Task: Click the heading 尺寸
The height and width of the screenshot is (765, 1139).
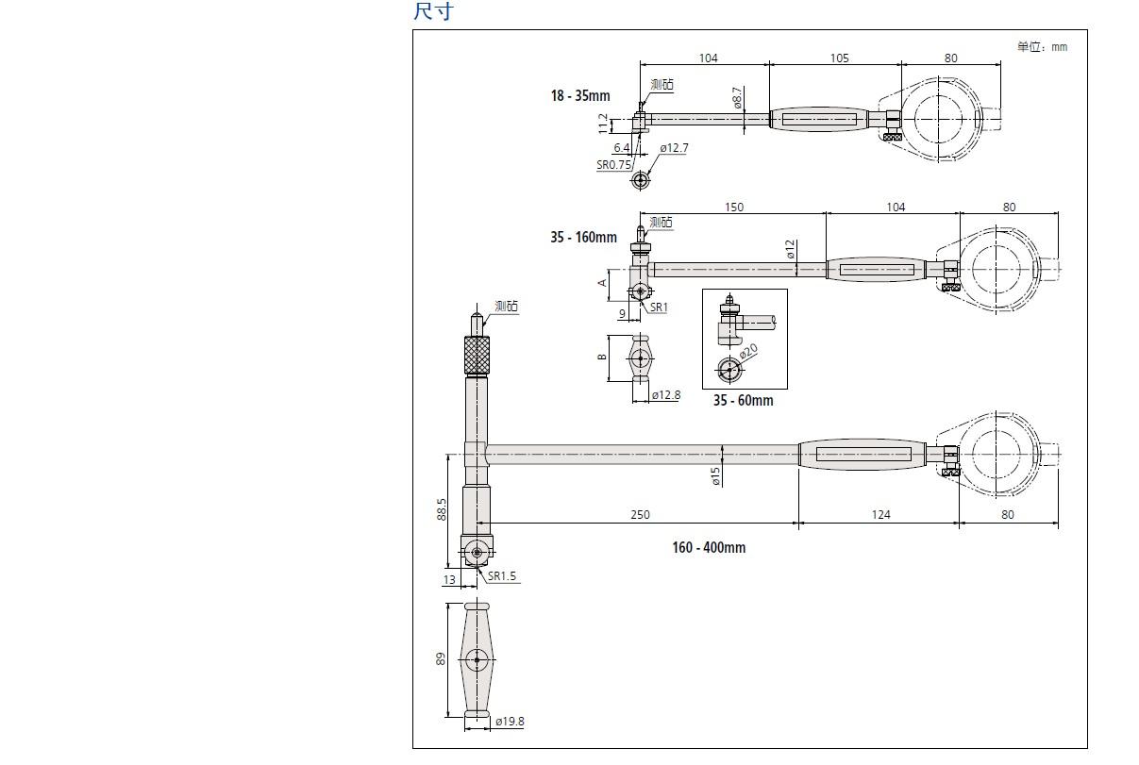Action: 433,11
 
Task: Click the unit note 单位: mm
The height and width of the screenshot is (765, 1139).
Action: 1042,46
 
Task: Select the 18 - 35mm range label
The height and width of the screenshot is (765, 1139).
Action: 580,95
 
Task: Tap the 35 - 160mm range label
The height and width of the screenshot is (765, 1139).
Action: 583,238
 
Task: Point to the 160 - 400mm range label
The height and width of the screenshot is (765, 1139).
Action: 709,548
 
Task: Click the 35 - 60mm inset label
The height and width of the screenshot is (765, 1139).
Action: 743,401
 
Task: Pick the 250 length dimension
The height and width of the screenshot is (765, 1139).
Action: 640,515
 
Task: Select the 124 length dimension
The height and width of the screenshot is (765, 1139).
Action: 880,515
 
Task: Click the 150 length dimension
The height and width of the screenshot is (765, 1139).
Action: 733,208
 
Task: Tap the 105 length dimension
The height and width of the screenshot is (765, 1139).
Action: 839,58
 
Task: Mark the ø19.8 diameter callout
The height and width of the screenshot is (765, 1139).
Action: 510,722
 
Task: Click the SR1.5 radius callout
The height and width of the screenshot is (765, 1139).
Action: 502,576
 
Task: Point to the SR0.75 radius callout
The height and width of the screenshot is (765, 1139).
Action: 613,164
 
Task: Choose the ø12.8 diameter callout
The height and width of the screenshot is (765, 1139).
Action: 666,395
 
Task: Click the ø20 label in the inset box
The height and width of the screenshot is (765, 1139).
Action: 748,353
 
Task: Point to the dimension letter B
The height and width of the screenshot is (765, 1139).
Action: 602,358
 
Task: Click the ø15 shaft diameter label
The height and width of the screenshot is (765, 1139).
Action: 715,476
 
